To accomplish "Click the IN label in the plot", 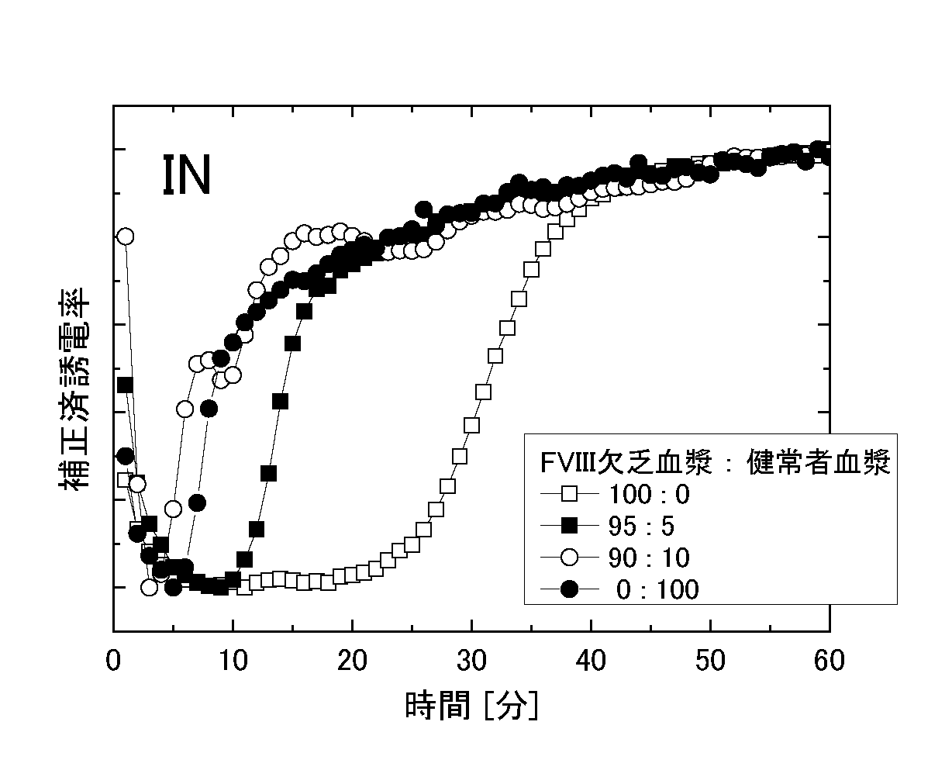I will [x=187, y=175].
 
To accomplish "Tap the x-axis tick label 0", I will [x=114, y=661].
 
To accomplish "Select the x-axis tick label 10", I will [x=233, y=661].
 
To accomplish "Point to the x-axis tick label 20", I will [x=353, y=661].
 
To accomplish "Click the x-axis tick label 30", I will [x=472, y=661].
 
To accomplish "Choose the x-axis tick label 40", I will [x=592, y=661].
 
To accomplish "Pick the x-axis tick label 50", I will [x=710, y=661].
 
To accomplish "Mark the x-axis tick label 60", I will [x=829, y=661].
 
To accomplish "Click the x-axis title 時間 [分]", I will [x=471, y=706].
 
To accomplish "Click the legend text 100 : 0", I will [x=649, y=494].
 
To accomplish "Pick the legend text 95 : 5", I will [x=641, y=527].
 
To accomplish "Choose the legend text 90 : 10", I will [x=649, y=558].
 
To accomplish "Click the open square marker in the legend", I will [x=570, y=494].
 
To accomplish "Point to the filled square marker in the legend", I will [x=570, y=527].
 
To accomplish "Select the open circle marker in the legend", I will [x=570, y=558].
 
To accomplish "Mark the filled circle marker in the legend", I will [x=570, y=590].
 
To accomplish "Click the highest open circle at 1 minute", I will [x=126, y=236].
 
